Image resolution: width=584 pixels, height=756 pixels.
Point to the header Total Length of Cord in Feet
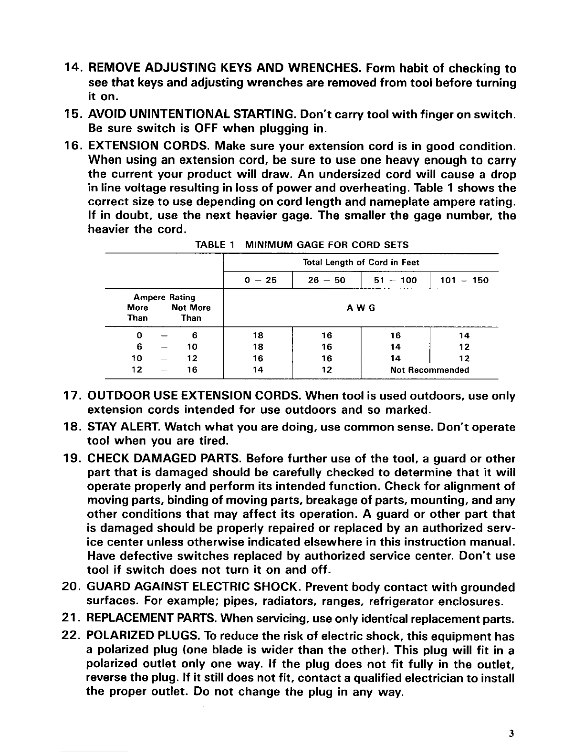click(361, 263)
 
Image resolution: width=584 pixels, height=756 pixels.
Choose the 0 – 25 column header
click(258, 280)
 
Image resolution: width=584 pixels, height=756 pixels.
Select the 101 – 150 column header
click(465, 280)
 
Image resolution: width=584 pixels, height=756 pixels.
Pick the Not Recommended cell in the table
click(429, 370)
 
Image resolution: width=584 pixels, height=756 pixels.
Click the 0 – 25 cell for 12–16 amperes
click(258, 370)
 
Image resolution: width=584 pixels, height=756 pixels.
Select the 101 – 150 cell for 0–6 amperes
click(464, 336)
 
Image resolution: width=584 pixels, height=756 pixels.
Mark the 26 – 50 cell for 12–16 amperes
click(327, 370)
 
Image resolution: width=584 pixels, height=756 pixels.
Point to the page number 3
click(511, 734)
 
